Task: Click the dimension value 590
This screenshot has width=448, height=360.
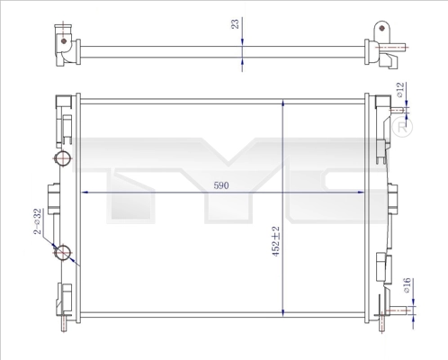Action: pos(221,185)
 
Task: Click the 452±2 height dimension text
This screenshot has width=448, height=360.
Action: pos(277,241)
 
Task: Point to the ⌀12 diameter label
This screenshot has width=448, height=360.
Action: pos(399,91)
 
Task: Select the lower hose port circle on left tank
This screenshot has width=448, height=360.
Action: pos(63,253)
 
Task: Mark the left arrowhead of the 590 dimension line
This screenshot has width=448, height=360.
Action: pos(86,193)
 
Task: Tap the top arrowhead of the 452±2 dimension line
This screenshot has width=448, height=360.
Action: pos(284,98)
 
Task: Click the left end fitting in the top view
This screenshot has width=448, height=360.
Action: pos(64,46)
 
